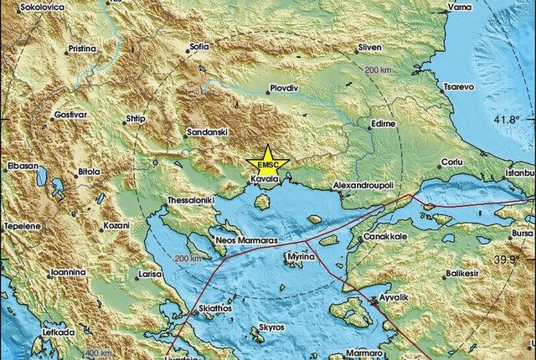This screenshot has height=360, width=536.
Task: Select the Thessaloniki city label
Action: point(192,202)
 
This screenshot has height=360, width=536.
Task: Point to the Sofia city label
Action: point(199,47)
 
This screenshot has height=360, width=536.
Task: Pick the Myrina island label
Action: point(301,257)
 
